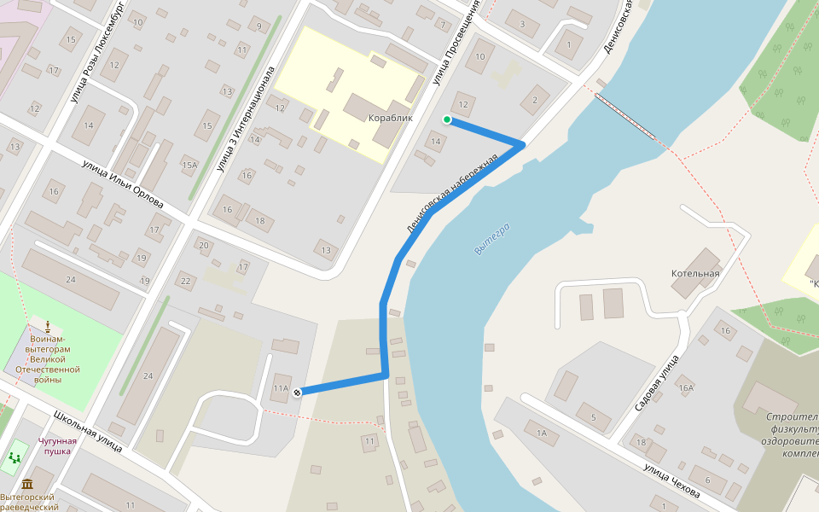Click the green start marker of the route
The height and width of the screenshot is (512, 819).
click(x=446, y=119)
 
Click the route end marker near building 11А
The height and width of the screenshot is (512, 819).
click(x=297, y=393)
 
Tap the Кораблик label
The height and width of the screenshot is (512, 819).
click(x=390, y=118)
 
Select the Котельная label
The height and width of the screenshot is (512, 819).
click(x=695, y=273)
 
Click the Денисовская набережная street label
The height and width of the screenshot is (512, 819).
click(x=452, y=194)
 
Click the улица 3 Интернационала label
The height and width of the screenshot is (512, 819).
click(x=247, y=119)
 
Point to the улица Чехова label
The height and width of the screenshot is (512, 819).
click(x=672, y=482)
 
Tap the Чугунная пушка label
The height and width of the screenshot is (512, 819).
click(x=57, y=445)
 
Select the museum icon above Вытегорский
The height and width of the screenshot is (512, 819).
click(x=28, y=484)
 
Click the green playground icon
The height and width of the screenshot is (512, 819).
click(x=15, y=458)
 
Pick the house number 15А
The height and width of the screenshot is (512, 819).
click(x=189, y=165)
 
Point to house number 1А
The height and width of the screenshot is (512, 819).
click(x=541, y=433)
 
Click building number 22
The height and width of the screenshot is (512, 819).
click(x=185, y=281)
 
